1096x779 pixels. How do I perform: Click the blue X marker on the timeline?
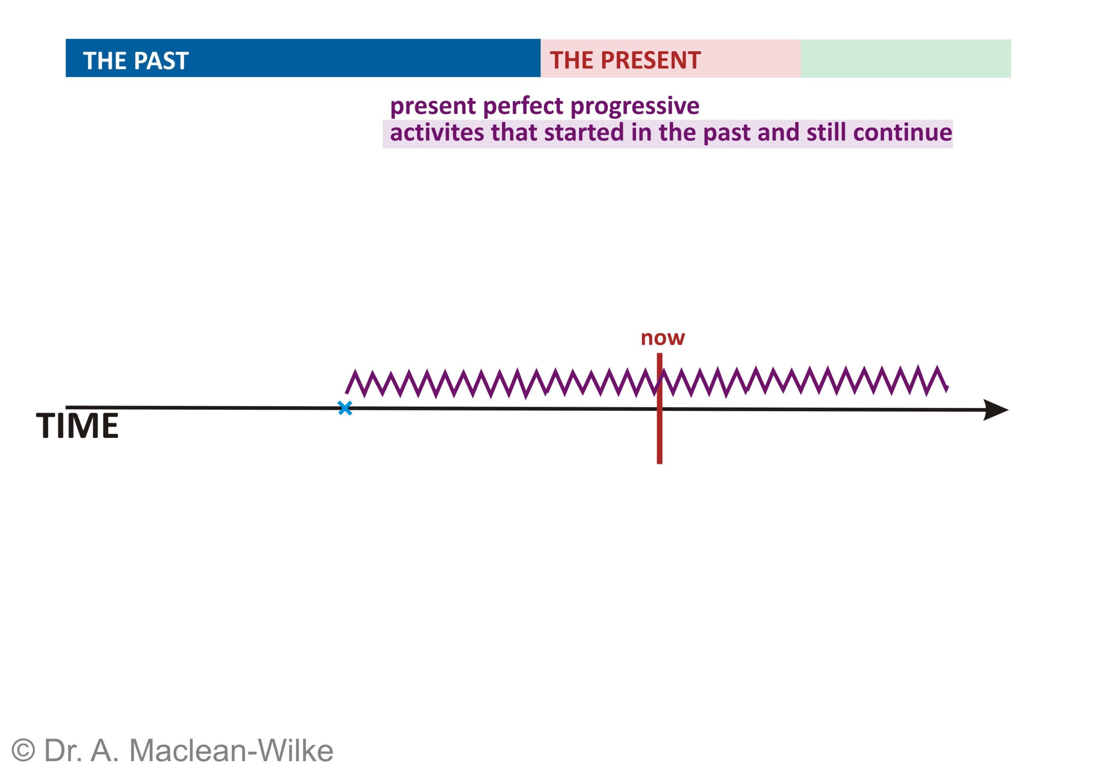tap(344, 408)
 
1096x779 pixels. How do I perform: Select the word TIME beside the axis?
tap(77, 425)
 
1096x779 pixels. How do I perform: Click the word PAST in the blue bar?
tap(161, 61)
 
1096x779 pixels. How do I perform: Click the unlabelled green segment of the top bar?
tap(905, 59)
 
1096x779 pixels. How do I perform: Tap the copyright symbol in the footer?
tap(23, 750)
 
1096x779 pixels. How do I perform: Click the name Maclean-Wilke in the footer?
tap(231, 750)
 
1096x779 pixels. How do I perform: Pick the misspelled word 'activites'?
tap(437, 133)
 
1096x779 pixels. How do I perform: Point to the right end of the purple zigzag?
tap(946, 388)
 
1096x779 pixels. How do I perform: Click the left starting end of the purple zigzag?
tap(347, 393)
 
